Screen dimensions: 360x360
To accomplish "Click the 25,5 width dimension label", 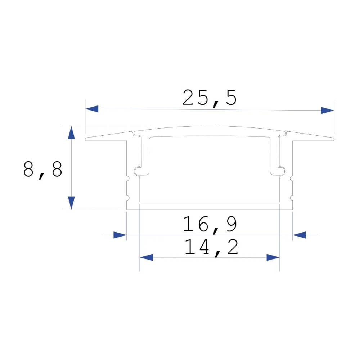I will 210,98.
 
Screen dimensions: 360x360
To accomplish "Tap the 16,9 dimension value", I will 210,224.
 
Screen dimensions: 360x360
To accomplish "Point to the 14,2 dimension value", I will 211,248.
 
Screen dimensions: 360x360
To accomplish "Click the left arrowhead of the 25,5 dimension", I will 92,109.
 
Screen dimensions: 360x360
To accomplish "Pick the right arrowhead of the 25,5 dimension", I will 327,110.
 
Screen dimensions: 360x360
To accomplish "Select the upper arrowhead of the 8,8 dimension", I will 72,132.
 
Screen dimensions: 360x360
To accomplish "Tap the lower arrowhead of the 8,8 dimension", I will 72,202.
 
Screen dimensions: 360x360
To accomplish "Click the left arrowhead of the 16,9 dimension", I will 120,235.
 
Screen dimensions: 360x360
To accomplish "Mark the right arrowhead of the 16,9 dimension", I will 299,235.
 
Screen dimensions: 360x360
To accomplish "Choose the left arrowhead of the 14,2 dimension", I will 147,257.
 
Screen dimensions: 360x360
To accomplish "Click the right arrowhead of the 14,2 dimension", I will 273,257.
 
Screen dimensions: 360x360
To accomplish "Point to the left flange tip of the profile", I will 86,139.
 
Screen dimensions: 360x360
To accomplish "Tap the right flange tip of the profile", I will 333,139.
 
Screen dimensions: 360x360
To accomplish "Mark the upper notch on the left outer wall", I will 127,178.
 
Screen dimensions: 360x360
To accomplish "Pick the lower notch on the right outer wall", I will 292,197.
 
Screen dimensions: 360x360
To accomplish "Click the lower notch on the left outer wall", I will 127,197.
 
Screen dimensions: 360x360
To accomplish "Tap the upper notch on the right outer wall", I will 292,178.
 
